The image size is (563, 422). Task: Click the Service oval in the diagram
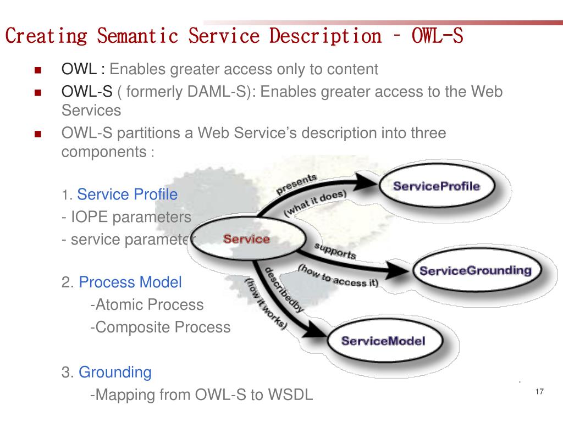pyautogui.click(x=246, y=240)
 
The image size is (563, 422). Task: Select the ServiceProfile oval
pyautogui.click(x=437, y=186)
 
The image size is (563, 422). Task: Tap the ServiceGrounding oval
pyautogui.click(x=475, y=270)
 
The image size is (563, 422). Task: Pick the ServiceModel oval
pyautogui.click(x=383, y=341)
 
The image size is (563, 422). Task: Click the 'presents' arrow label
pyautogui.click(x=296, y=184)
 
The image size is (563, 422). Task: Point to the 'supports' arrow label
pyautogui.click(x=335, y=251)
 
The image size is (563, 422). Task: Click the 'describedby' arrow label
pyautogui.click(x=284, y=290)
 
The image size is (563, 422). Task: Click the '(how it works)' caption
pyautogui.click(x=266, y=304)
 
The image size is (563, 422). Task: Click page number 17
pyautogui.click(x=539, y=392)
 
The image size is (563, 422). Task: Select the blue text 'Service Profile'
pyautogui.click(x=127, y=195)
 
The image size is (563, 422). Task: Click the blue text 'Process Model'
pyautogui.click(x=130, y=282)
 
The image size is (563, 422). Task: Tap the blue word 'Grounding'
pyautogui.click(x=115, y=372)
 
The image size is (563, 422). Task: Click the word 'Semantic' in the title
pyautogui.click(x=138, y=36)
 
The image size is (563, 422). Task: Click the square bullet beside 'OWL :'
pyautogui.click(x=38, y=70)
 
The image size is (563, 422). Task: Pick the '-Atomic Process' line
pyautogui.click(x=146, y=304)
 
